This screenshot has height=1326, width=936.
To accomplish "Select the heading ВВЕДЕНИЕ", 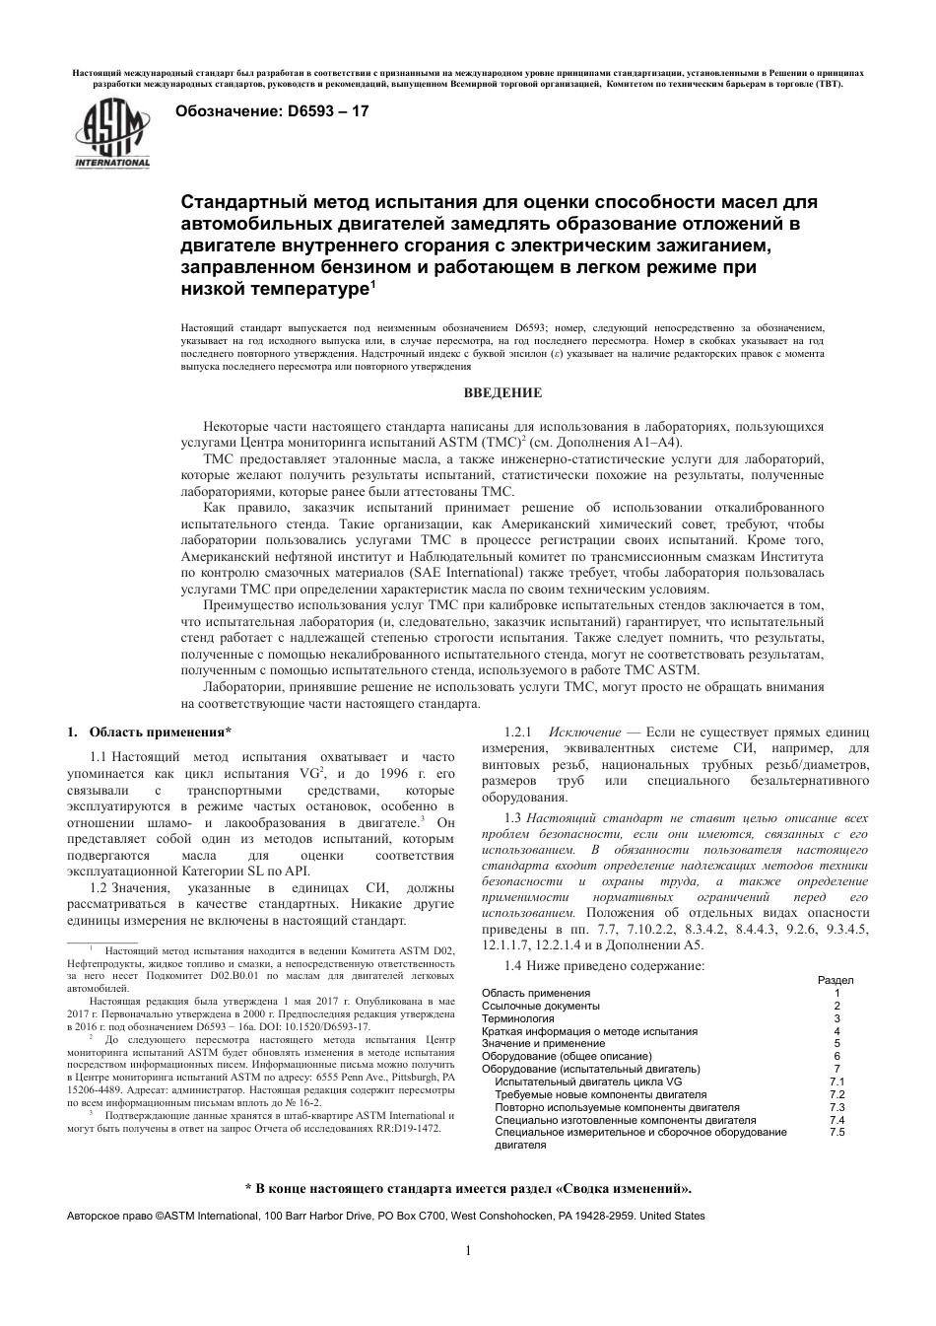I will pyautogui.click(x=502, y=393).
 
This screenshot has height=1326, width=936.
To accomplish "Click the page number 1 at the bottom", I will pyautogui.click(x=468, y=1251).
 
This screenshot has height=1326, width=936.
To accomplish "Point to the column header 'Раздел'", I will pyautogui.click(x=836, y=980).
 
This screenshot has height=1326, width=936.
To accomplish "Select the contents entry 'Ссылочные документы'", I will pyautogui.click(x=540, y=1006).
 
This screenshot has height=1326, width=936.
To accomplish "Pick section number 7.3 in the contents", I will pyautogui.click(x=836, y=1107).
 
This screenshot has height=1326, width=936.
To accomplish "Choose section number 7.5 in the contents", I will pyautogui.click(x=836, y=1133).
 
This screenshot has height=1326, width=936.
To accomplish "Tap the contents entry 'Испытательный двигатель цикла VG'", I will pyautogui.click(x=588, y=1082).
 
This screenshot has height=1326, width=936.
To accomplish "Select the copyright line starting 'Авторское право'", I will pyautogui.click(x=385, y=1216).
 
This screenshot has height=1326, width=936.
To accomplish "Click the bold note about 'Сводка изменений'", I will pyautogui.click(x=468, y=1188).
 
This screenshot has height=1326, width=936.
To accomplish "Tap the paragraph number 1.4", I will pyautogui.click(x=512, y=965).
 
